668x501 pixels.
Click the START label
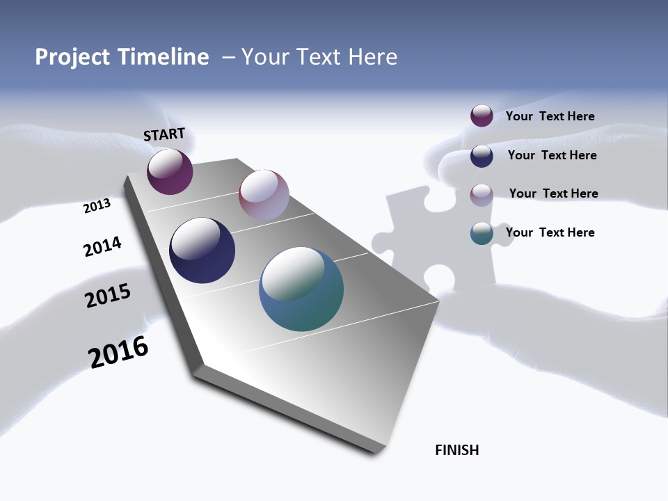(x=164, y=134)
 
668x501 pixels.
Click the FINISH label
(x=456, y=450)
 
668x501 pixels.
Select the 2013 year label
(x=97, y=206)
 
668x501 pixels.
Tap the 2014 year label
(x=102, y=246)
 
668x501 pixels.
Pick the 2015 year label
(x=107, y=296)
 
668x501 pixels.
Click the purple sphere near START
(x=170, y=172)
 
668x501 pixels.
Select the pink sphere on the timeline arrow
(x=264, y=195)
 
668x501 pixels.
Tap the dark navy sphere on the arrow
(x=202, y=250)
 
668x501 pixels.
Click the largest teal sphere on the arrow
(x=301, y=289)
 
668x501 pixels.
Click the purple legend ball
(x=482, y=116)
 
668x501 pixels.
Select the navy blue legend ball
(x=482, y=155)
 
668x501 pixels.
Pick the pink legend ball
(x=482, y=194)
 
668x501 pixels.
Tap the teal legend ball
(x=482, y=233)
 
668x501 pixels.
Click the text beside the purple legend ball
(x=550, y=116)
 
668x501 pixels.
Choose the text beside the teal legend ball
(x=550, y=232)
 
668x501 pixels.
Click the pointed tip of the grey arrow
(x=379, y=449)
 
